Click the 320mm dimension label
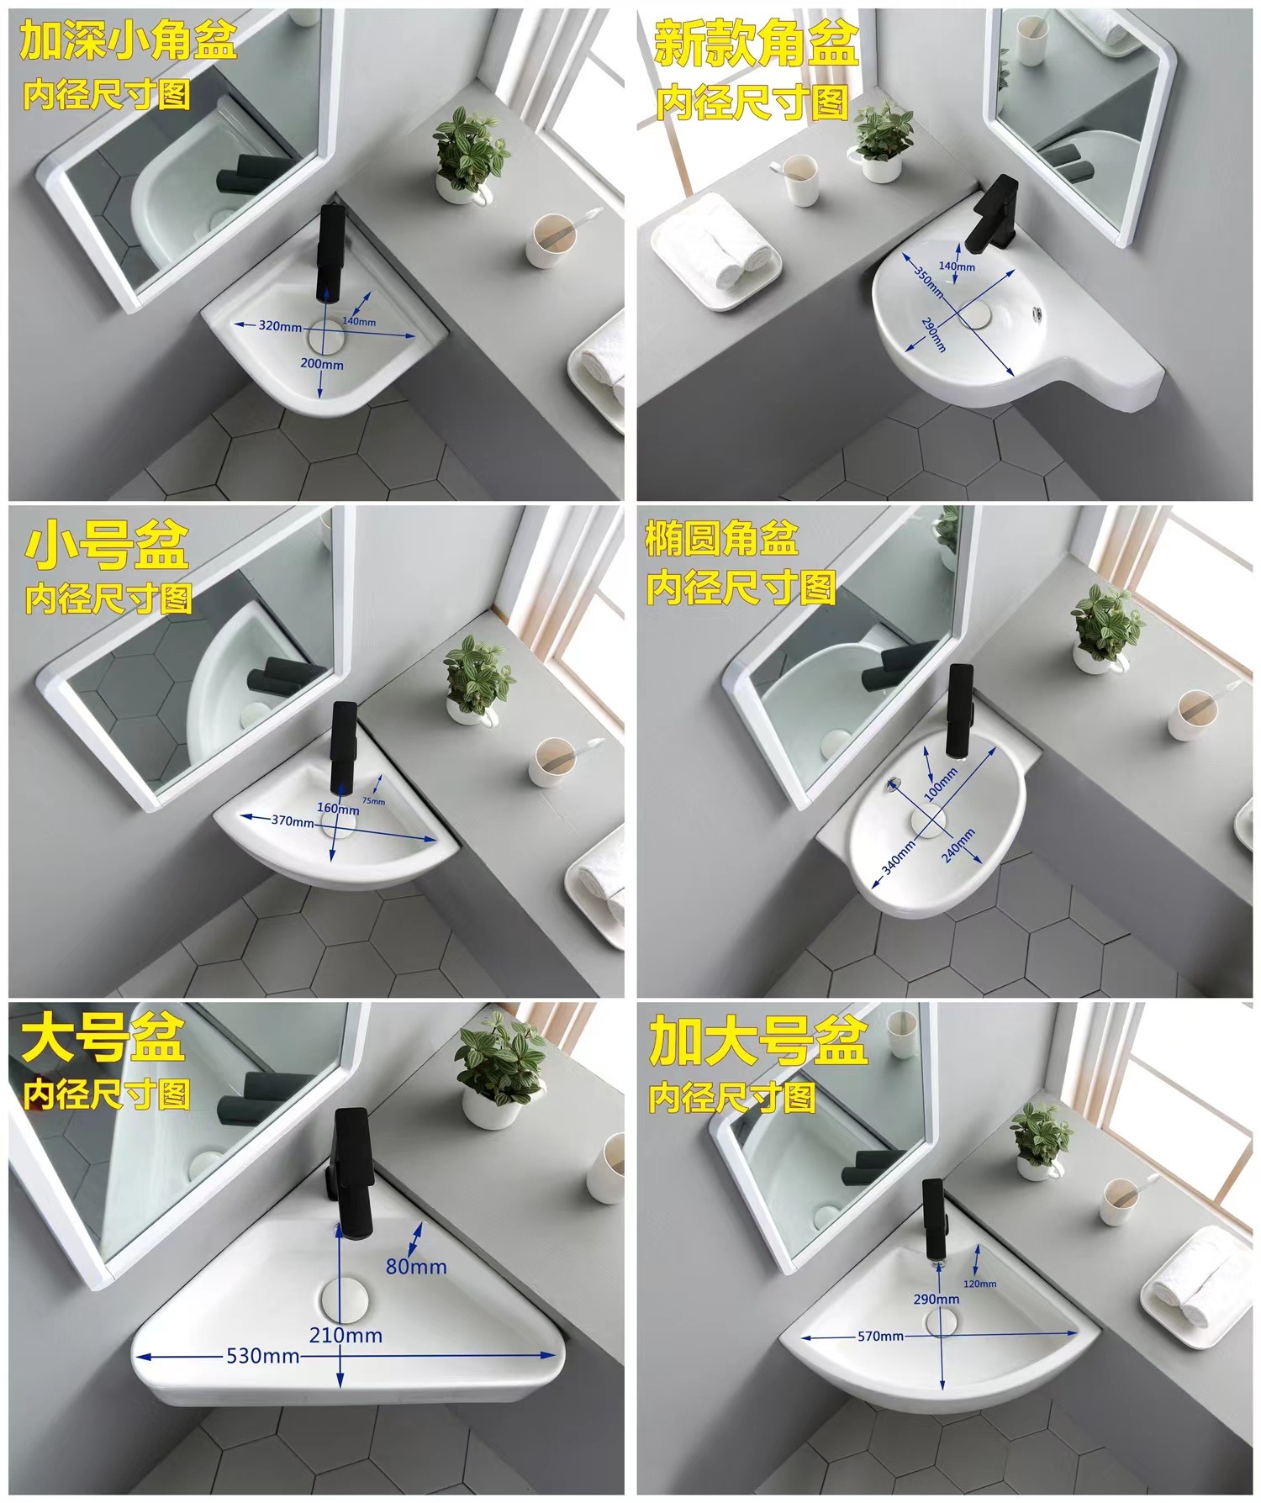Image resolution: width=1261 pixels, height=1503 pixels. tap(279, 326)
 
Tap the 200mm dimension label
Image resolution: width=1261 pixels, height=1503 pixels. tap(322, 365)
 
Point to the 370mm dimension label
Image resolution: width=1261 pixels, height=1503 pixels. tap(292, 820)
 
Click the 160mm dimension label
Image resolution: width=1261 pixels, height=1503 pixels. tap(338, 808)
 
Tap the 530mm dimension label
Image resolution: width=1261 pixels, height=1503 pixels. tap(262, 1355)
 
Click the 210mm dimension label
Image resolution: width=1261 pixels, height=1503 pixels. tap(346, 1335)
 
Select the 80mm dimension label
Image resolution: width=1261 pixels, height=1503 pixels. tap(416, 1266)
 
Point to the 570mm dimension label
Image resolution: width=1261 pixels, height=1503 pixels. tap(880, 1336)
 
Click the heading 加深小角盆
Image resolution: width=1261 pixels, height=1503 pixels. tap(128, 41)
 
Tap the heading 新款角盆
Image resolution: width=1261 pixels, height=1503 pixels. tap(756, 44)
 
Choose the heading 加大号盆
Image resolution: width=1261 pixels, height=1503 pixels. tap(757, 1042)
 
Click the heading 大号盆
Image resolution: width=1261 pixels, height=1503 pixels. tap(103, 1039)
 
